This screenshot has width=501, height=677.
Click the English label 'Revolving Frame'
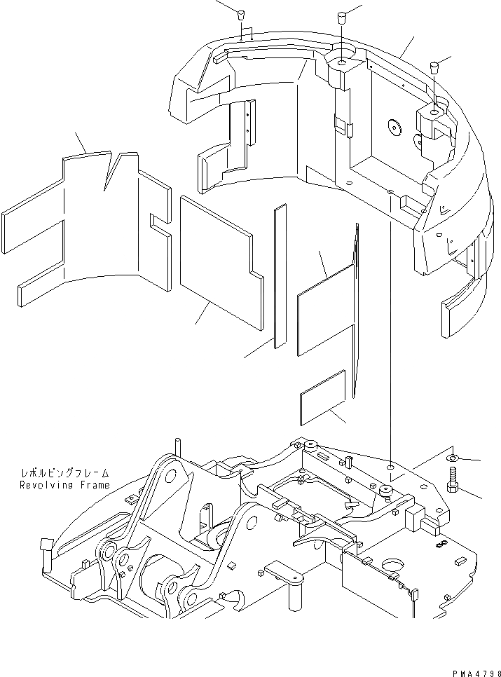[64, 485]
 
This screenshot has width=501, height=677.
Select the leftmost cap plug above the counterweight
[240, 15]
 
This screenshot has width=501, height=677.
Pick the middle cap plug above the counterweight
[342, 17]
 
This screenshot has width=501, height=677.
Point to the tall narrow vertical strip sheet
[280, 275]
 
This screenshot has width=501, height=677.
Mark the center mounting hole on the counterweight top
[341, 63]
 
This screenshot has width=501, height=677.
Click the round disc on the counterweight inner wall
[394, 128]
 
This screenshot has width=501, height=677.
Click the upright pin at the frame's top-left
[179, 447]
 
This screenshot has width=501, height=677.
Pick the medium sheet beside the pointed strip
[324, 310]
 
